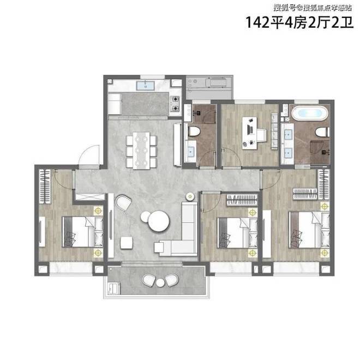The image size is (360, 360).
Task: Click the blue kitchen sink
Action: [146, 86]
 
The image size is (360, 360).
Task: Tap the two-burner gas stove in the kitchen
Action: [175, 103]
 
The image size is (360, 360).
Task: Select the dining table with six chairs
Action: [141, 151]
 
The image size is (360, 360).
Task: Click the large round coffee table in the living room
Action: [159, 221]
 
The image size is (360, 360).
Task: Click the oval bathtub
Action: [310, 113]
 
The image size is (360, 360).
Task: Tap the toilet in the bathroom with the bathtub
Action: [322, 133]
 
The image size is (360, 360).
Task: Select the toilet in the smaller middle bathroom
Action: [194, 132]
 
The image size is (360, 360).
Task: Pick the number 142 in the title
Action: [257, 22]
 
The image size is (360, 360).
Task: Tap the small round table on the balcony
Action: [160, 283]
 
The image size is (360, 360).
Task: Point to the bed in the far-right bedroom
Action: [309, 230]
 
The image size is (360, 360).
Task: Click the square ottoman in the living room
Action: [127, 243]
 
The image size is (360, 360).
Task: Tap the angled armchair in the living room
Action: [123, 203]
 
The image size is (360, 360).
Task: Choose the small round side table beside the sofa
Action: [190, 196]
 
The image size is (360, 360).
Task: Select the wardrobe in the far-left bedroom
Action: [45, 186]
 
